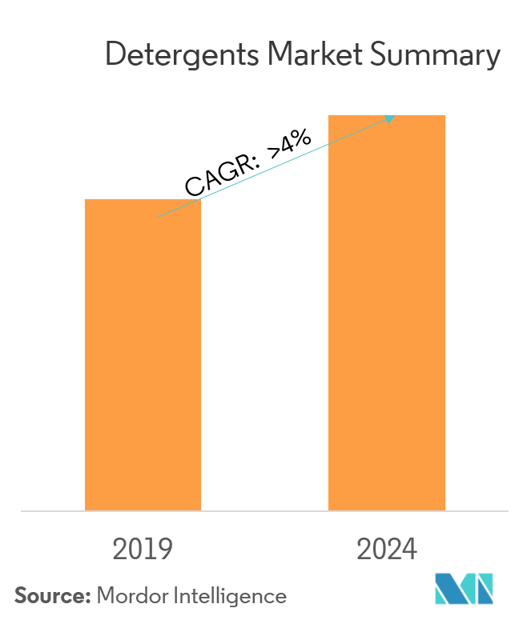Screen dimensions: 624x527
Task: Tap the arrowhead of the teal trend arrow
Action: (x=390, y=118)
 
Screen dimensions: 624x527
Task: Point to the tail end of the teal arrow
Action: (x=159, y=216)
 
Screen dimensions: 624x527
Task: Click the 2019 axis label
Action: (x=143, y=550)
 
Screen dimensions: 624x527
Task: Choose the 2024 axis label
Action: (x=387, y=550)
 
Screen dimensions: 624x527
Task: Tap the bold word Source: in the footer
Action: (x=52, y=596)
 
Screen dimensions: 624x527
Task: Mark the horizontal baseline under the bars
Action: (x=264, y=510)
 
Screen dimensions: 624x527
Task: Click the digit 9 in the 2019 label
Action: (x=165, y=550)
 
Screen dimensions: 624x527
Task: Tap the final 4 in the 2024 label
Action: (x=409, y=550)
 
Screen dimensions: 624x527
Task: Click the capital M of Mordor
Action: (x=105, y=596)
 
